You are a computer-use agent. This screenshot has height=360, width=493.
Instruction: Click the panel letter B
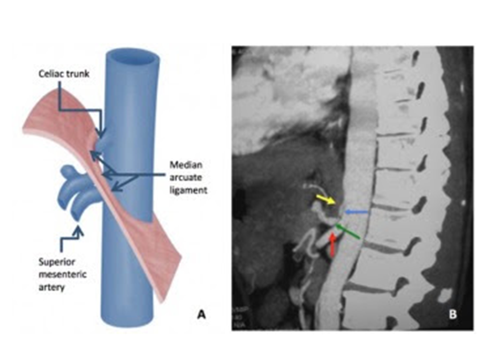[x=452, y=314]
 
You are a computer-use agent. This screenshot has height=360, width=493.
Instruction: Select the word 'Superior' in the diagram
[x=58, y=263]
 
